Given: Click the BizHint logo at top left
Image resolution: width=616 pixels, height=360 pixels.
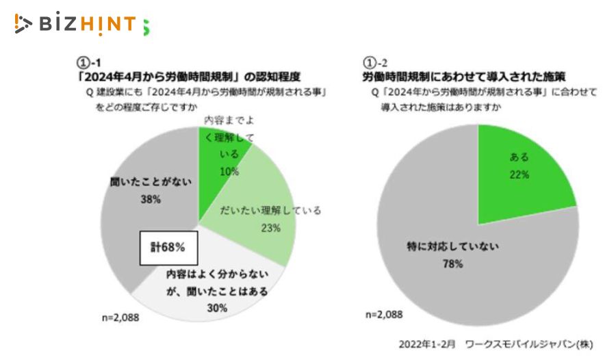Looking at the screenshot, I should click(x=81, y=25).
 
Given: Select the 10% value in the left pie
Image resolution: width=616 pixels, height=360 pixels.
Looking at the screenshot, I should click(x=229, y=171).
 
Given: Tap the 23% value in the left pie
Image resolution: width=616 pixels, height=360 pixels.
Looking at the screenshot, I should click(x=270, y=228).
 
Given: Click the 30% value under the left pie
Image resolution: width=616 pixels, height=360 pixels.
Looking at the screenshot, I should click(x=216, y=308).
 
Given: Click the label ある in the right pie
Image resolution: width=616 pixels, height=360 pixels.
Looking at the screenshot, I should click(x=519, y=157).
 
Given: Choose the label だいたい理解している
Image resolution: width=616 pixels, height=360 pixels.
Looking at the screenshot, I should click(x=270, y=210).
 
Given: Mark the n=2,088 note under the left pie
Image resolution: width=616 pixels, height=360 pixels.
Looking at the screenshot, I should click(x=120, y=318).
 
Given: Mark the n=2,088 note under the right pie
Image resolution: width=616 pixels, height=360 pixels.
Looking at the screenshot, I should click(x=384, y=314).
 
